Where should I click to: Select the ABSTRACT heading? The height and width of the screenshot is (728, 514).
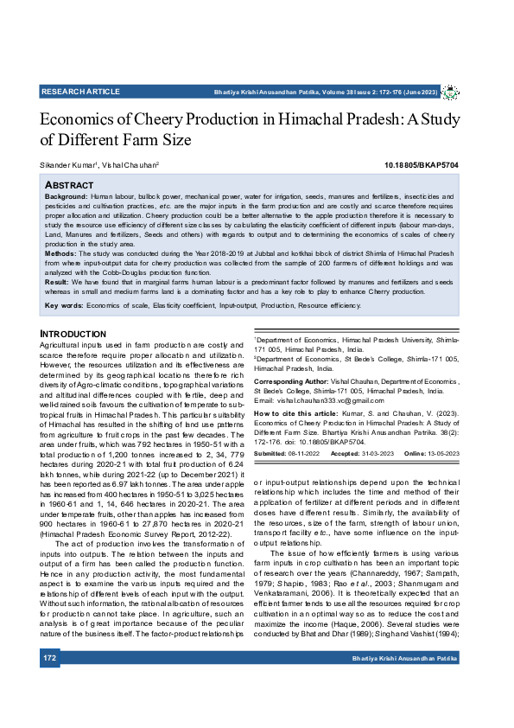(x=68, y=185)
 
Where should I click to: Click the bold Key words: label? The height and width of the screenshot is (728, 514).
(x=64, y=306)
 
